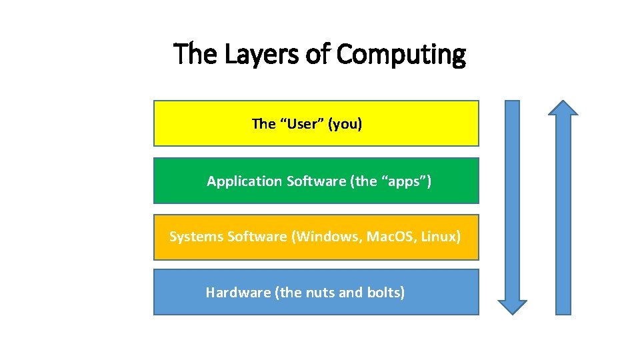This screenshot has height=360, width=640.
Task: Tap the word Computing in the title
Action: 401,54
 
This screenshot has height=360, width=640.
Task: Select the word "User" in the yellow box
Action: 301,123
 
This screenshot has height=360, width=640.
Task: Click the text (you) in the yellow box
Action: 345,123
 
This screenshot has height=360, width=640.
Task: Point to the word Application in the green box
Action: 244,181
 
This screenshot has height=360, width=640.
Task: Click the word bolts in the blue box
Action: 385,292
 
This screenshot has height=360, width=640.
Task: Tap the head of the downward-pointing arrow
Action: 512,305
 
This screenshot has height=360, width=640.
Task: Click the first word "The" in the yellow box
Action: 263,123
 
